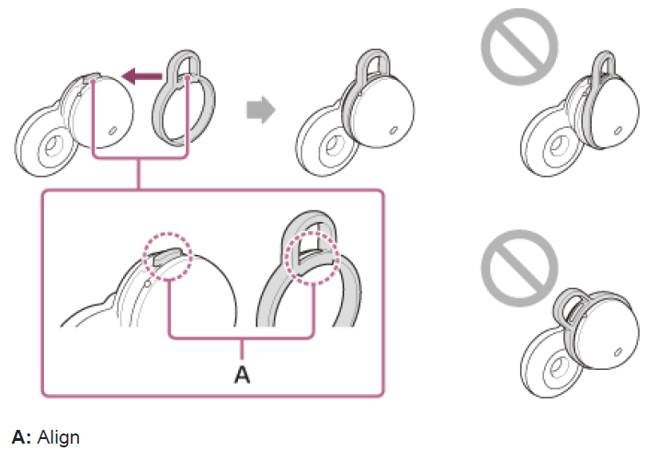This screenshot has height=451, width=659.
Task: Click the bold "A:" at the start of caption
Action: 20,432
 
